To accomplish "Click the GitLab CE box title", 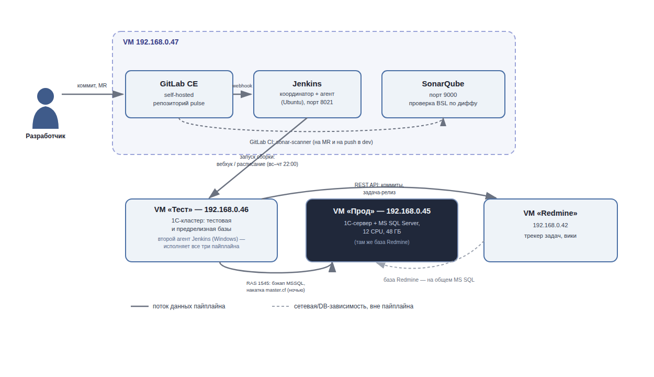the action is [x=179, y=84].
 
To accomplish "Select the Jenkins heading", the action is [x=307, y=84].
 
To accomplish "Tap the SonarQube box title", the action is [x=443, y=84].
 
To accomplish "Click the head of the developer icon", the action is [x=46, y=96].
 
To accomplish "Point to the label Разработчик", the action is [x=46, y=136].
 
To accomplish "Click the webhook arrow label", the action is [x=242, y=86].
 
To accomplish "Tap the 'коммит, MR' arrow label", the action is [x=92, y=86].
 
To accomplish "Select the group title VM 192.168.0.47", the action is [x=151, y=42].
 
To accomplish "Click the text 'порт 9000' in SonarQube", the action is [x=443, y=95].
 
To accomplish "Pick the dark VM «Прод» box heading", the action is [x=381, y=211].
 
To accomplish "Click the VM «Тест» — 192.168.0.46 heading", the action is [x=201, y=209].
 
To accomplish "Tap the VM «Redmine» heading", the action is [x=550, y=213].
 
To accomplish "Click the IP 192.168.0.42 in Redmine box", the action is [x=550, y=225].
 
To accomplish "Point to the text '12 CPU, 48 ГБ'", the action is [x=381, y=232].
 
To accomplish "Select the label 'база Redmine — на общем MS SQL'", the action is [x=429, y=280].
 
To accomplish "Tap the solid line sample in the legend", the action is [x=140, y=306].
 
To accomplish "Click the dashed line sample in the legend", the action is [x=280, y=306].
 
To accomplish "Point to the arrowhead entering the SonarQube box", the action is [x=443, y=122].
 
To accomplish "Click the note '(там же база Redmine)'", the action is [x=381, y=242].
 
